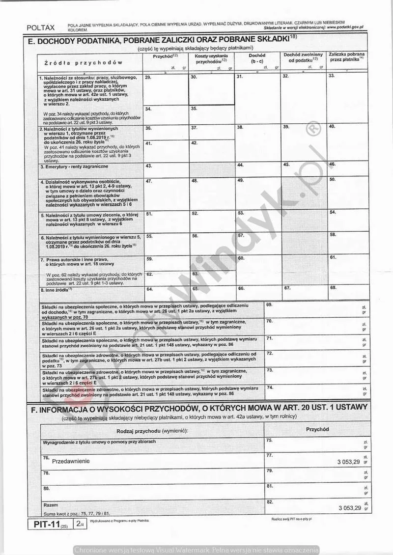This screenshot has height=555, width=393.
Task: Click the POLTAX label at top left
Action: (41, 28)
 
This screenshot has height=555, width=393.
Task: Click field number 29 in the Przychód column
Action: (148, 78)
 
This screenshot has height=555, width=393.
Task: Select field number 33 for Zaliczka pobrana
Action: (332, 76)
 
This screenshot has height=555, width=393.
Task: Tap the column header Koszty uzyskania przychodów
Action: (211, 60)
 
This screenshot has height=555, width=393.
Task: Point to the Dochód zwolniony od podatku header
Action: (303, 57)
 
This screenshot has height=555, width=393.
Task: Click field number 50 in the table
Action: (333, 180)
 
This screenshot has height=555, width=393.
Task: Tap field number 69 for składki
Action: (269, 305)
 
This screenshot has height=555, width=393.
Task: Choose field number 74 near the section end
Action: (269, 388)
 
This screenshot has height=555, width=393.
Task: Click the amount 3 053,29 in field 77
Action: (349, 462)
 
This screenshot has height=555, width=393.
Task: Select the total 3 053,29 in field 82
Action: (349, 507)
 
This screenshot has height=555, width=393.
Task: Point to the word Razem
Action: (51, 505)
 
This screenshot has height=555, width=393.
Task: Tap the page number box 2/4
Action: (80, 524)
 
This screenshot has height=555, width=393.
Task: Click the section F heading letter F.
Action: (32, 407)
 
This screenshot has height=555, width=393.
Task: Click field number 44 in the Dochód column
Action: (241, 165)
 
